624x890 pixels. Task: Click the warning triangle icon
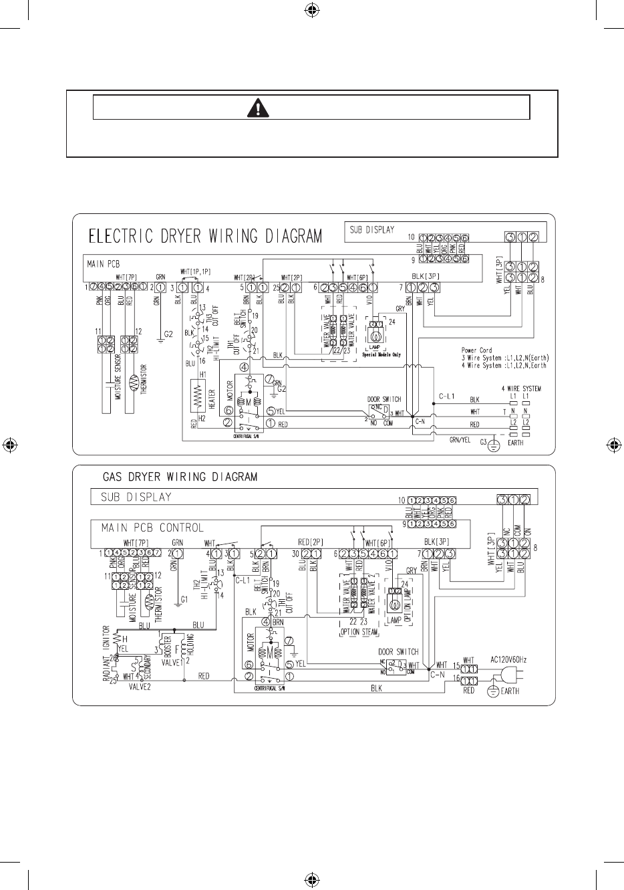(311, 107)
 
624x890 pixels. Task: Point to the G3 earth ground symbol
(493, 444)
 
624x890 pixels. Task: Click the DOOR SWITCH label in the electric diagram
(383, 399)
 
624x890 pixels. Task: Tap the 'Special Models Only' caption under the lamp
(381, 355)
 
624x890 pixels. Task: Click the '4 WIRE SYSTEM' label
(521, 388)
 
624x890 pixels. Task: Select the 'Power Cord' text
(476, 350)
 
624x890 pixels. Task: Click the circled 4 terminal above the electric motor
(245, 366)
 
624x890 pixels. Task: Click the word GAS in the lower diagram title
(115, 477)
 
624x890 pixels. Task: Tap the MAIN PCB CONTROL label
(152, 528)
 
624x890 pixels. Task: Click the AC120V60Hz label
(508, 660)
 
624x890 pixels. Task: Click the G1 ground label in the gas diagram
(184, 600)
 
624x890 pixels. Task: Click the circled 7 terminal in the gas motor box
(289, 640)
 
